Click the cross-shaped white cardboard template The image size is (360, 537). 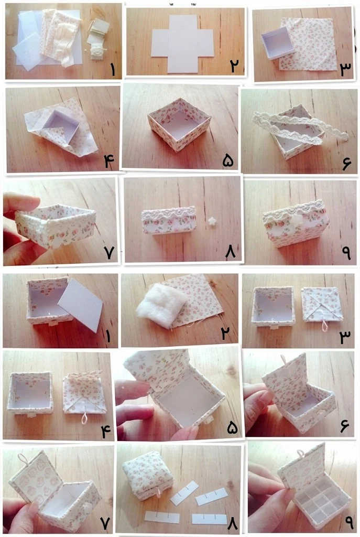(182, 44)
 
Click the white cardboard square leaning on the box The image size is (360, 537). (80, 305)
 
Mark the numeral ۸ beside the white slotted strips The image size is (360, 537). (232, 523)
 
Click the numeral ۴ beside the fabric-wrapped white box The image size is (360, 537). (109, 161)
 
